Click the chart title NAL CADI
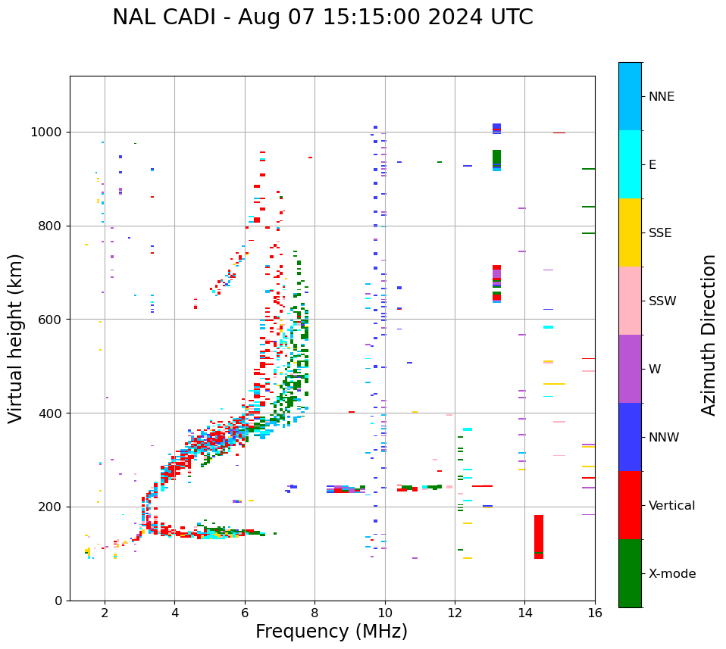pos(322,17)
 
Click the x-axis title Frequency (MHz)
pos(331,632)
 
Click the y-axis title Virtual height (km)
pos(16,339)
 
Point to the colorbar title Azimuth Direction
pos(709,335)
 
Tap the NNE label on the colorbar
pos(661,97)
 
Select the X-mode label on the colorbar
pos(671,574)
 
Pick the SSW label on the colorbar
pos(662,301)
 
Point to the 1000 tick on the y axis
pos(49,133)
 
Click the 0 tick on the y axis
pos(59,601)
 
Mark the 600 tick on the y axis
pos(52,320)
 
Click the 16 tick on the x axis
pos(594,613)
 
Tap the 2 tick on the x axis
pos(105,613)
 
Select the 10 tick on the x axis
pos(385,613)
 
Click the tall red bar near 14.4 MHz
pos(539,537)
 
